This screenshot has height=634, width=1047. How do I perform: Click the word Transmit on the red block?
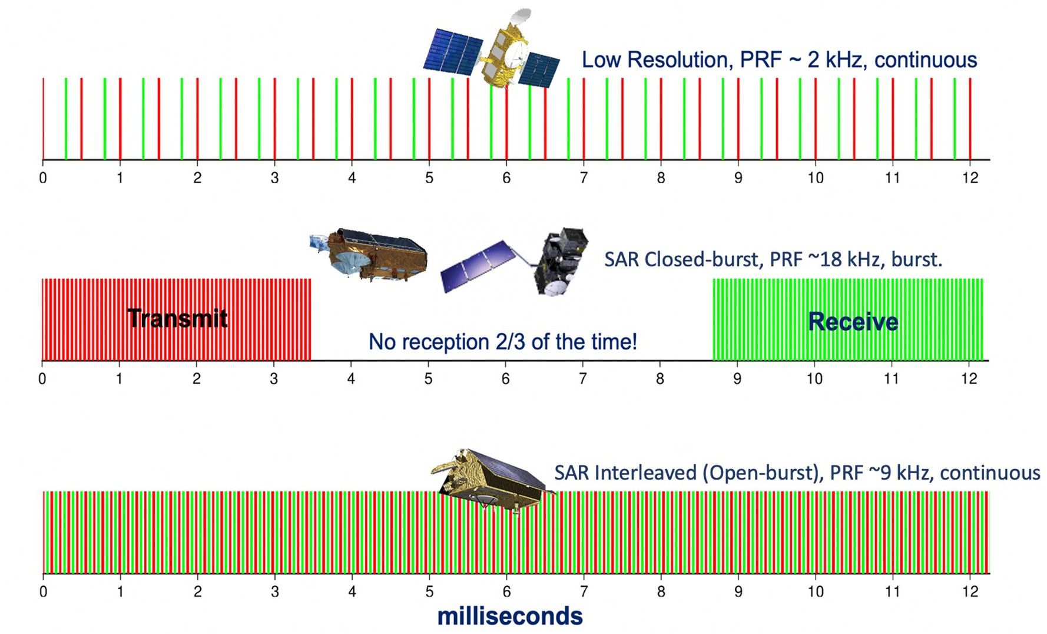coord(177,318)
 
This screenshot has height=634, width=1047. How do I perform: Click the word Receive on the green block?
coord(853,322)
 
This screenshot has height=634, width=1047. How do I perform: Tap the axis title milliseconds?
coord(509,616)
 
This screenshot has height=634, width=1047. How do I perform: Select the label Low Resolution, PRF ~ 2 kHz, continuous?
coord(779,60)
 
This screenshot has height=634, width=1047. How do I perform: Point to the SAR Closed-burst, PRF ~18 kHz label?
coord(773,259)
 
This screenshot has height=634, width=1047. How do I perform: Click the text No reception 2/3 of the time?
coord(502,342)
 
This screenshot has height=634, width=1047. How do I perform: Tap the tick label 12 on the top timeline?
coord(969,178)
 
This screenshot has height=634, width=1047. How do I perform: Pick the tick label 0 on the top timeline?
coord(43,178)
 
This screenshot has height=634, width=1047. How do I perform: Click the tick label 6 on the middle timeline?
coord(505,378)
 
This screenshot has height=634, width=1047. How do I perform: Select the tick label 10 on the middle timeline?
coord(814,378)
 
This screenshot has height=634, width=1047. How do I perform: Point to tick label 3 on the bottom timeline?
coord(274,591)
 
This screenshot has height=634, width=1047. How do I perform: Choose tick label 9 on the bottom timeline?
coord(738,591)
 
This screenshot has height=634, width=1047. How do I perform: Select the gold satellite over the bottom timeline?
coord(489,480)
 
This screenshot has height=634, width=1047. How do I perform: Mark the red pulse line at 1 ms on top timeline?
coord(120,118)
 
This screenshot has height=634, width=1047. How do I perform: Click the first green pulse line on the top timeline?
coord(66,118)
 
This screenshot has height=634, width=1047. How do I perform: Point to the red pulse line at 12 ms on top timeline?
coord(970,118)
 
